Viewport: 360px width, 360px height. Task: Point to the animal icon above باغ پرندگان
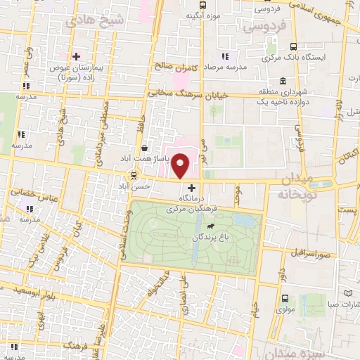tap(211, 227)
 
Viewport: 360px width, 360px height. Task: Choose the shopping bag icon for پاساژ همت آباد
tap(144, 148)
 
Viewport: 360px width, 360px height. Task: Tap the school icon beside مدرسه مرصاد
tap(226, 56)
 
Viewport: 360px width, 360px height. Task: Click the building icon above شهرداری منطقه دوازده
tap(282, 79)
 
